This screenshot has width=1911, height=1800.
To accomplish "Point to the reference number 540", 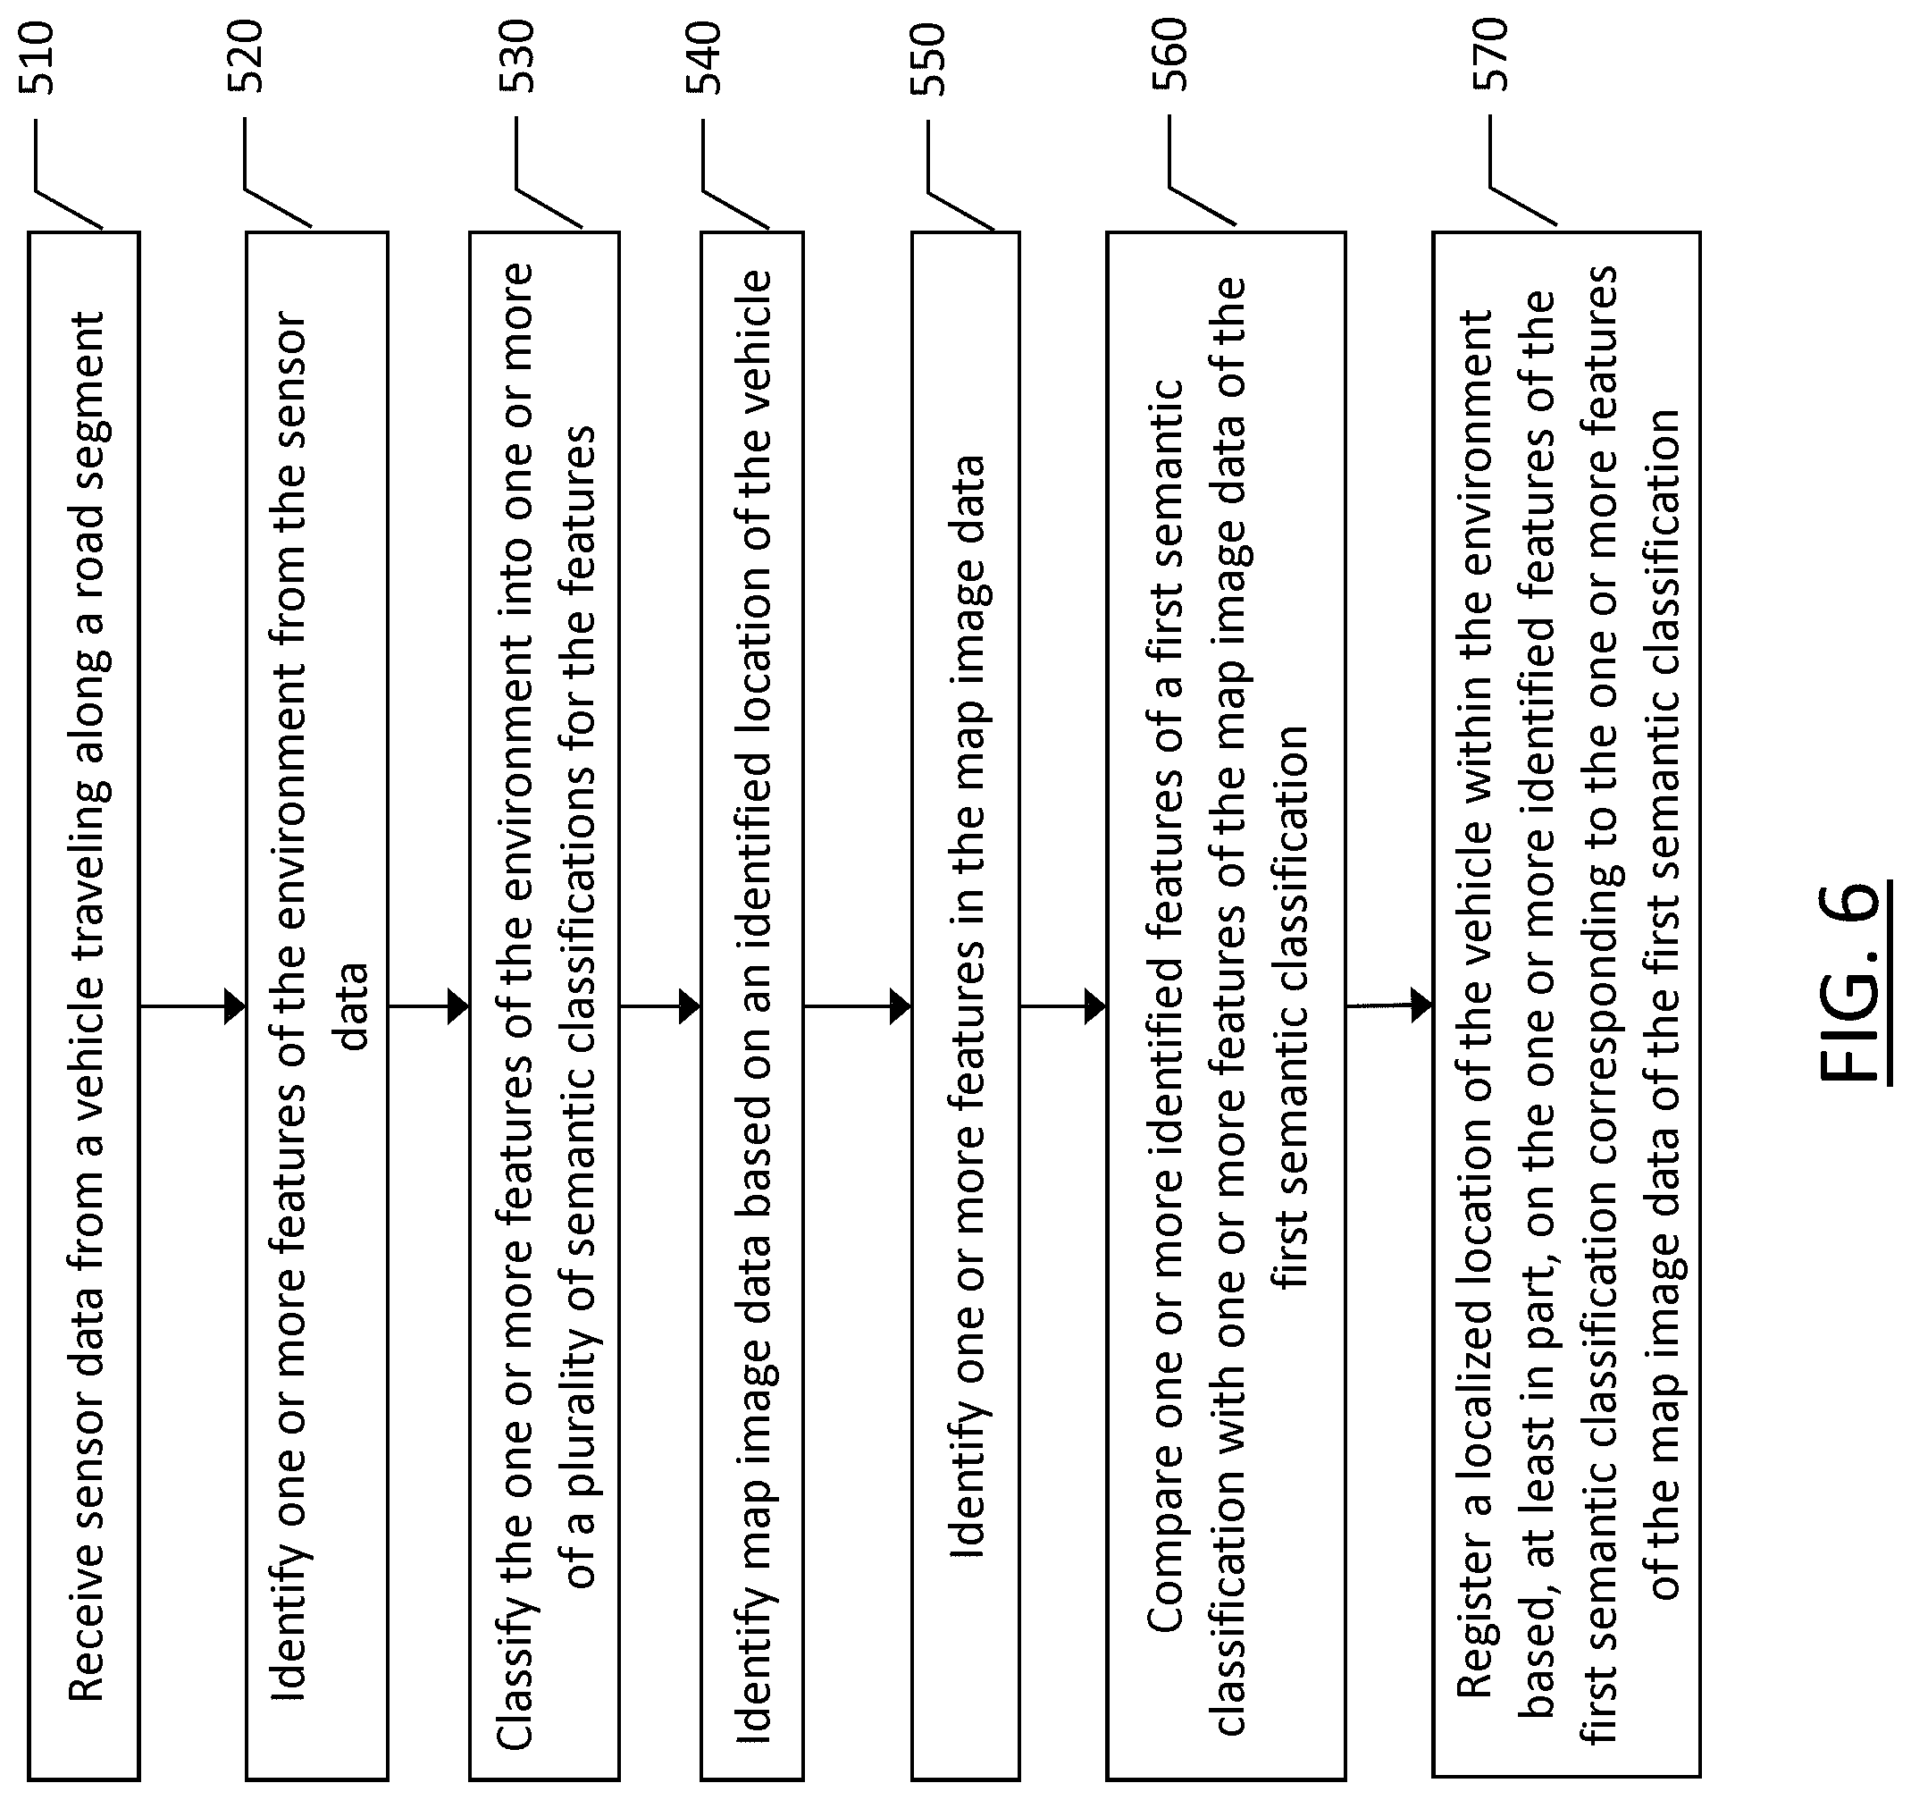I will [x=704, y=58].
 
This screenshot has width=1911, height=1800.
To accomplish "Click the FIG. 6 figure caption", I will [x=1850, y=981].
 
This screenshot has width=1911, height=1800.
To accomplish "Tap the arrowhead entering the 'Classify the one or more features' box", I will [x=458, y=1006].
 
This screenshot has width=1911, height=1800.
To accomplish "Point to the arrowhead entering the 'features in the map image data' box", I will [x=901, y=1006].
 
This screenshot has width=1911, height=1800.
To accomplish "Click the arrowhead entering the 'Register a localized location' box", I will [x=1421, y=1005].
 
